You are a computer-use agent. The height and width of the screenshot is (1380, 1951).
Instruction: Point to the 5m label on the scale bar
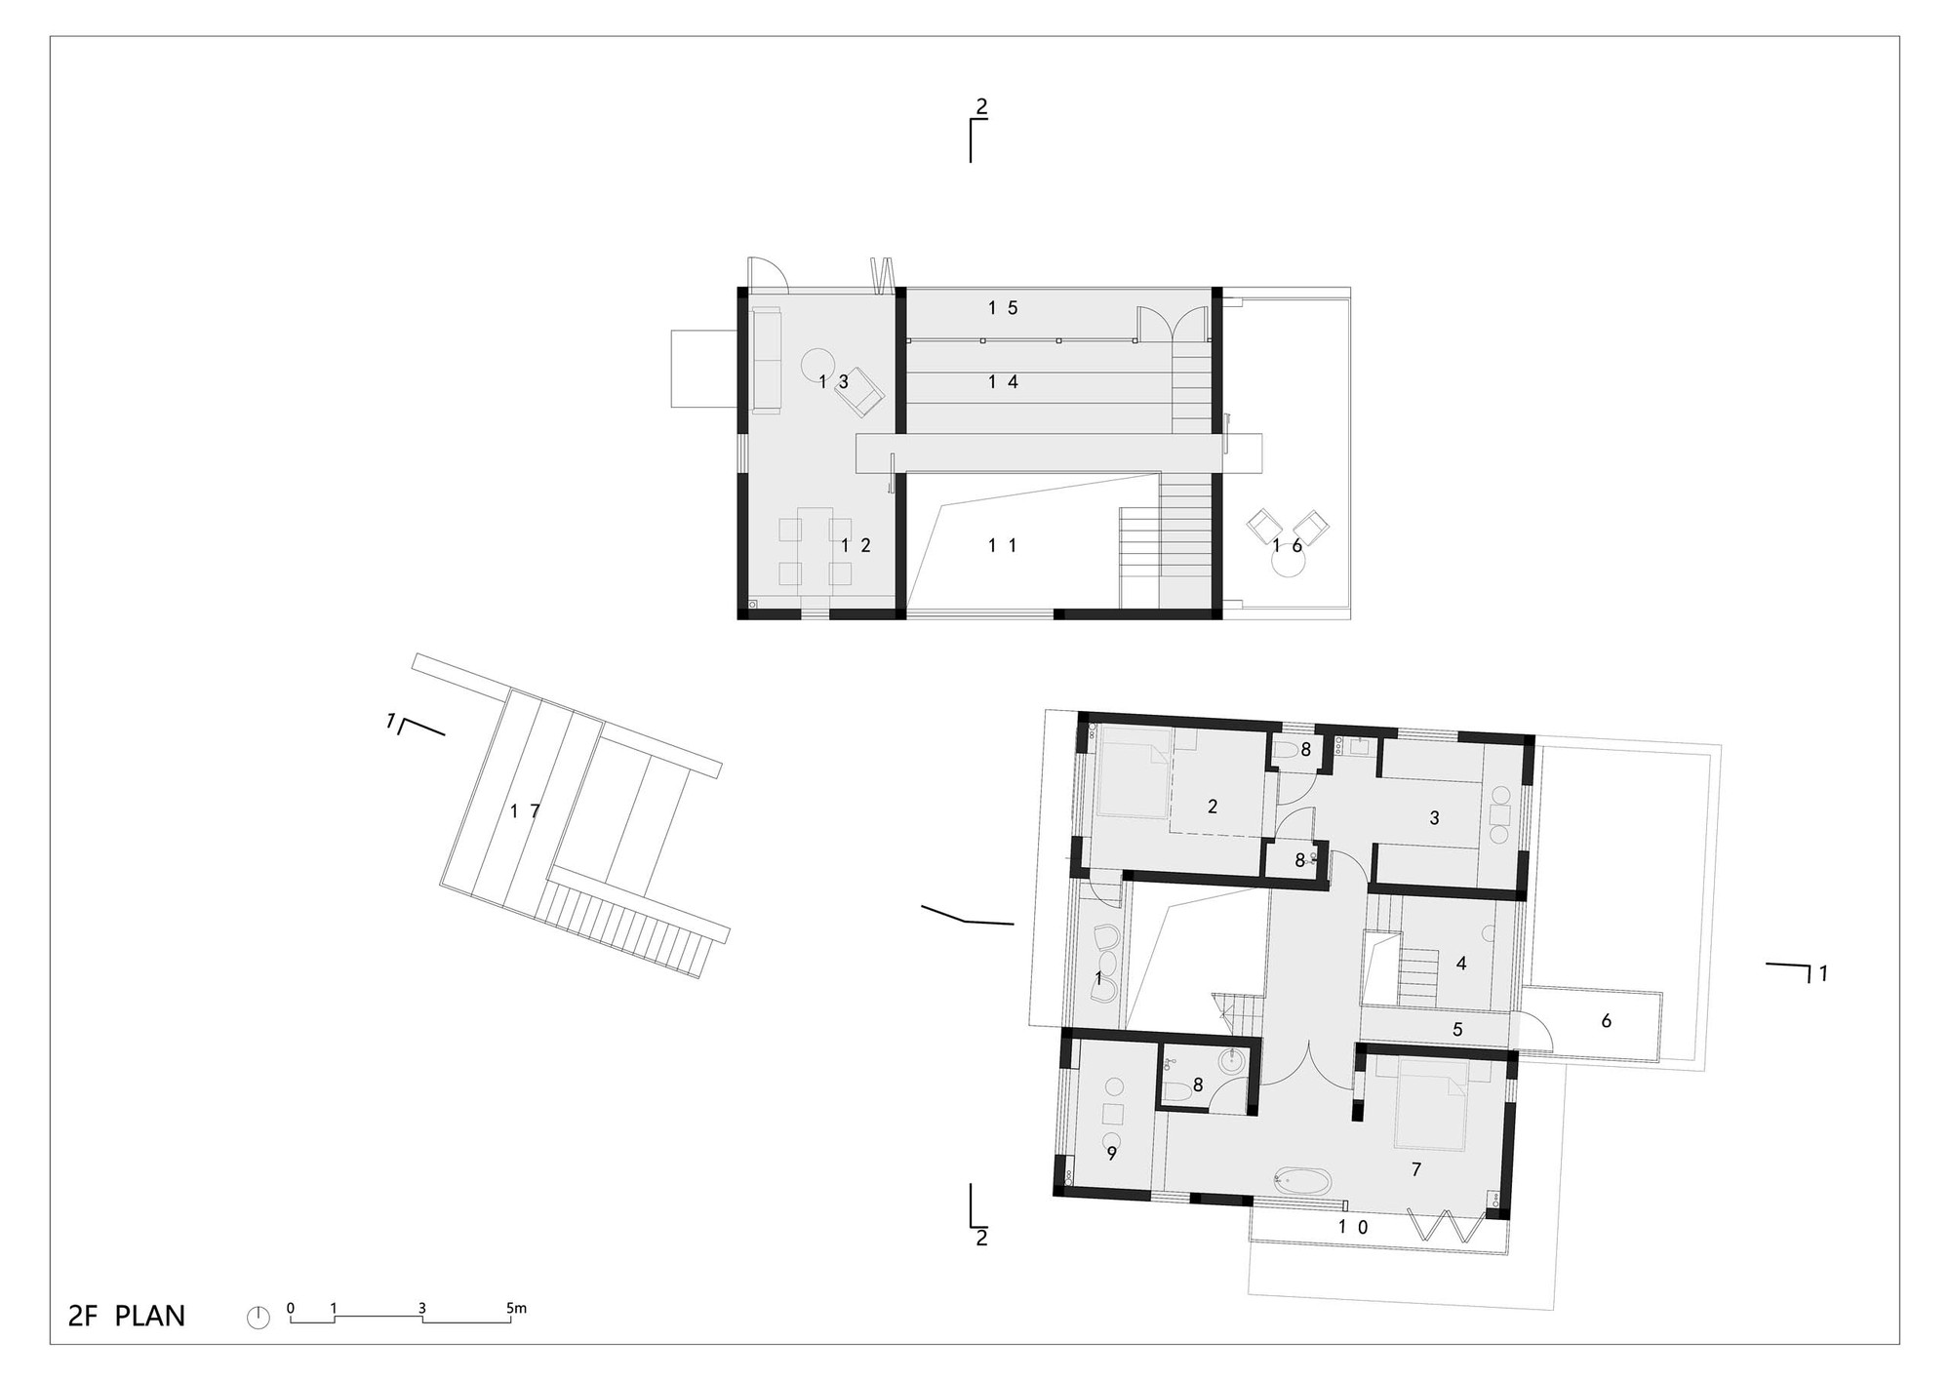click(x=516, y=1308)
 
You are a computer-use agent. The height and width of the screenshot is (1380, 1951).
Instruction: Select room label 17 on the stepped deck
click(x=525, y=810)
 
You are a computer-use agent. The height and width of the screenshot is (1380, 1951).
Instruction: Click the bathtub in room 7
click(x=1301, y=1183)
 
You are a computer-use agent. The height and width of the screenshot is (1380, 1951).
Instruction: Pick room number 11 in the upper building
click(x=1003, y=546)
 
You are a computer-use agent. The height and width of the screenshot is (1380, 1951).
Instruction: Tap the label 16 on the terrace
click(x=1288, y=546)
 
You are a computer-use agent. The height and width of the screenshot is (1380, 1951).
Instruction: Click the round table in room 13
click(x=817, y=367)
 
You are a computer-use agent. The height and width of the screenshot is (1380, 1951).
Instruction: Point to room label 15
click(x=1003, y=308)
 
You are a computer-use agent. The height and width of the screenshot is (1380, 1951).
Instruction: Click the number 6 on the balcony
click(x=1606, y=1021)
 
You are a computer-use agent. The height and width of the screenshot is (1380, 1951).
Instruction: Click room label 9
click(x=1111, y=1154)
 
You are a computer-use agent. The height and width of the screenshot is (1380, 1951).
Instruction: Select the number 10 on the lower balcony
click(x=1353, y=1227)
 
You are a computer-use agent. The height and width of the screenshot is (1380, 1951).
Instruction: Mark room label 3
click(x=1434, y=818)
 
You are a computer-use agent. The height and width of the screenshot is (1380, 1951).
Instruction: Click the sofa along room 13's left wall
click(x=767, y=361)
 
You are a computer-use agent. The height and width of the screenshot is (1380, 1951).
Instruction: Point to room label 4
click(x=1460, y=964)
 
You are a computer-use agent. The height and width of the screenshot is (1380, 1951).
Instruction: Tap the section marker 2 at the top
click(x=981, y=107)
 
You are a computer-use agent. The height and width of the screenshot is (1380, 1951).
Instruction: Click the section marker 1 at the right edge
click(x=1822, y=972)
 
